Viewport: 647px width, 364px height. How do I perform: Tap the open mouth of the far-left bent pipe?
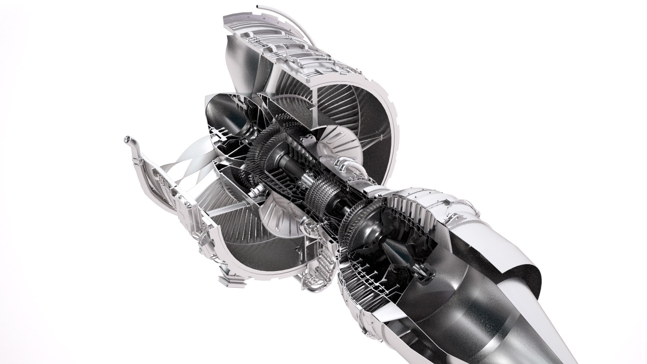pyautogui.click(x=126, y=139)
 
